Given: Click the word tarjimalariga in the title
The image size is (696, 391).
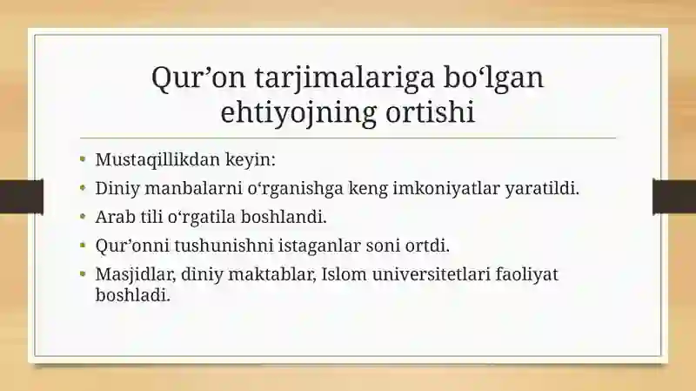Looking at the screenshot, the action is pos(345,78).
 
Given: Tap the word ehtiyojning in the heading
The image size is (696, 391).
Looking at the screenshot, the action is pos(298,113).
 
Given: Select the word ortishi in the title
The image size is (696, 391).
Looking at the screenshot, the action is pos(430,111).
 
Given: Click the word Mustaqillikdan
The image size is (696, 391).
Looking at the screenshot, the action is pos(157,159).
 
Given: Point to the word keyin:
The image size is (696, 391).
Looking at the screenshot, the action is pos(251,160).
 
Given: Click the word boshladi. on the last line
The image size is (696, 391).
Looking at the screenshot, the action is pos(133,294).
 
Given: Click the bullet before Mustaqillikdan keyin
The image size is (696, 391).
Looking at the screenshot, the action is pos(83,158).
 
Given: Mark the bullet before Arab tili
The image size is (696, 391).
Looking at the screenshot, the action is pos(83,216).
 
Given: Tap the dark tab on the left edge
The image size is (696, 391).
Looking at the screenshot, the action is pos(22,197).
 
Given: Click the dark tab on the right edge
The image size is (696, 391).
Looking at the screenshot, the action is pos(674,197).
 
